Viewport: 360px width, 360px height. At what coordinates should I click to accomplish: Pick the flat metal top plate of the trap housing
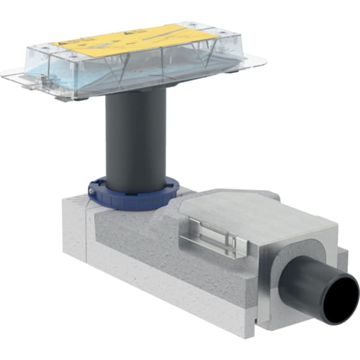coord(240,210)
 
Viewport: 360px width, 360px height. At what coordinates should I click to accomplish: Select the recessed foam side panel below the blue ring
coord(138,240)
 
